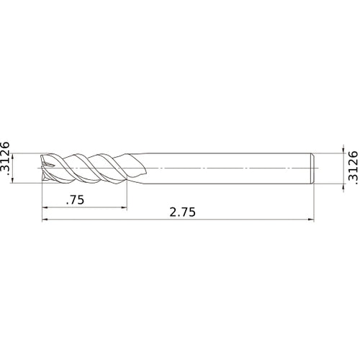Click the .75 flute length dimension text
[75, 201]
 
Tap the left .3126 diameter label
[6, 159]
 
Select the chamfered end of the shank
[312, 167]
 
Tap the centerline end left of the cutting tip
[36, 167]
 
